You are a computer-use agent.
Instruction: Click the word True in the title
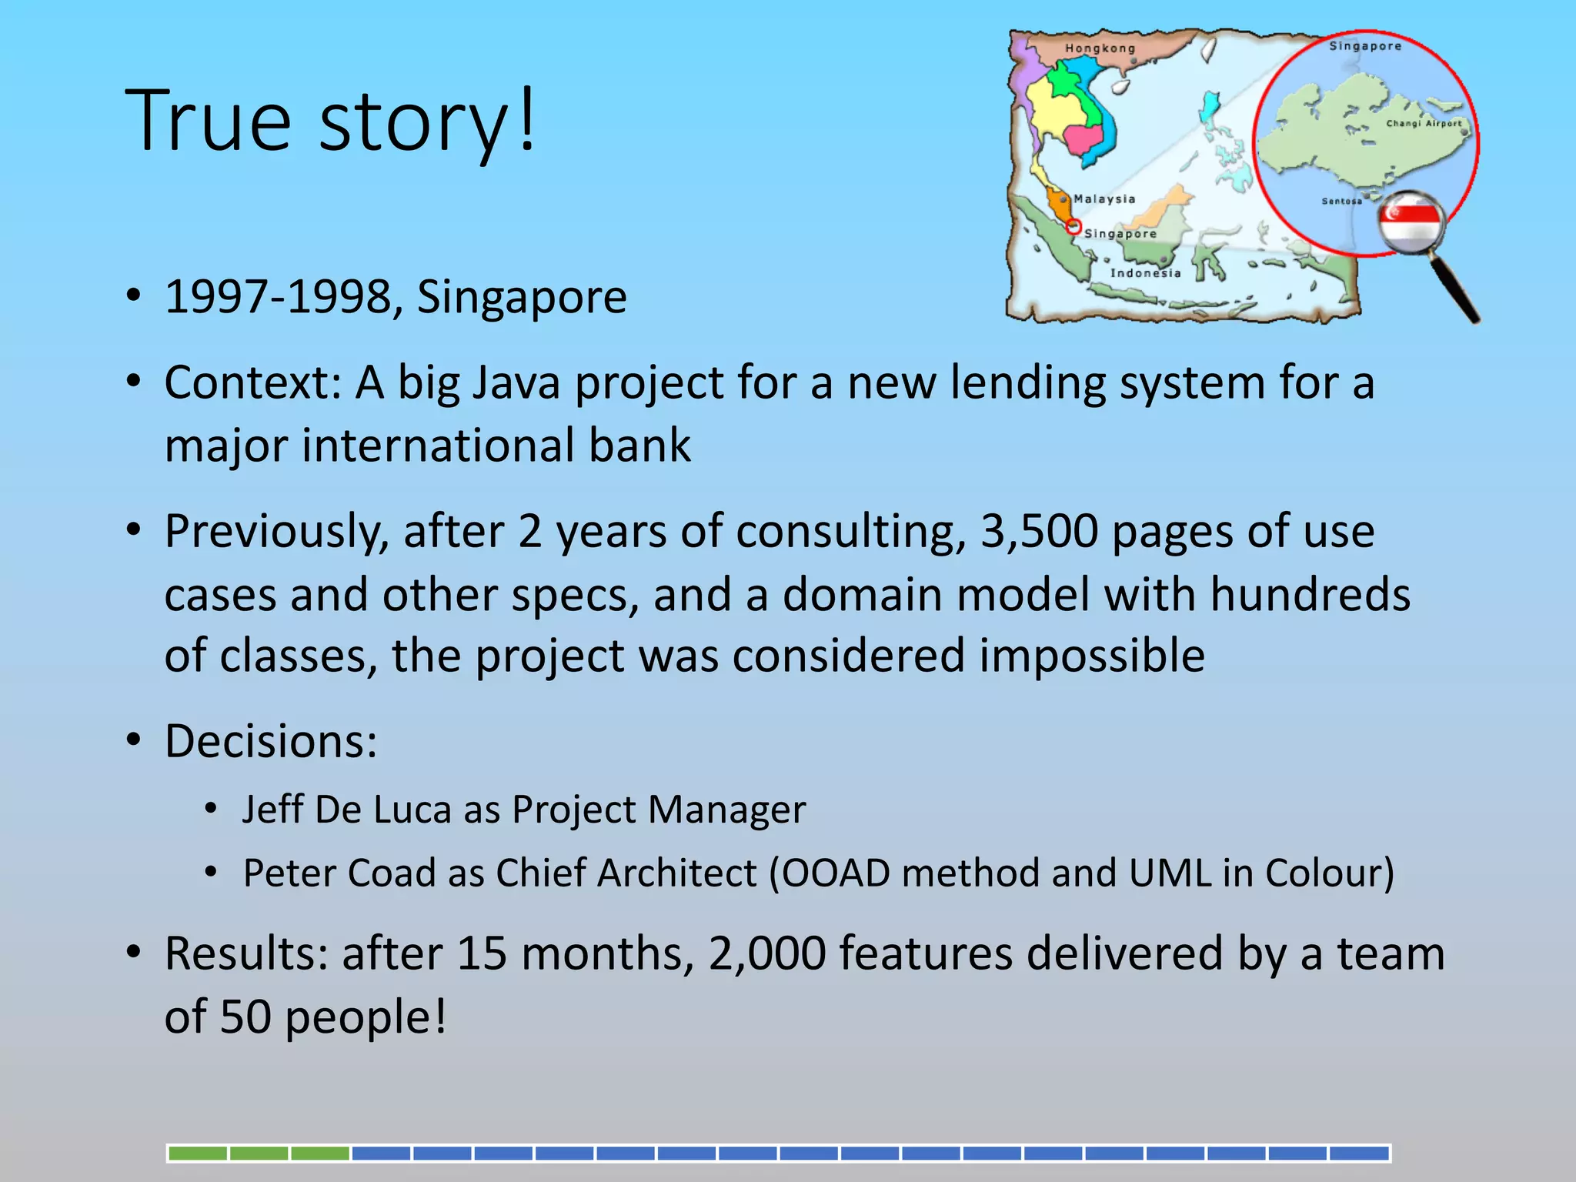(x=208, y=121)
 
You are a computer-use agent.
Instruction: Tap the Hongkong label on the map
(x=1100, y=48)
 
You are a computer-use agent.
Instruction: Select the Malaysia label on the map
(x=1104, y=199)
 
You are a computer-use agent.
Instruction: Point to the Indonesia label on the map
(x=1145, y=273)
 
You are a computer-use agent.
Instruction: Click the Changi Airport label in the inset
(x=1423, y=124)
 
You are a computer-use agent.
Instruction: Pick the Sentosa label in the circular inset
(x=1341, y=202)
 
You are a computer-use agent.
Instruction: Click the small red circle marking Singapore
(x=1073, y=227)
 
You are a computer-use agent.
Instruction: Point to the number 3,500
(x=1039, y=531)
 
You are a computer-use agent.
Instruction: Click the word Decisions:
(x=271, y=741)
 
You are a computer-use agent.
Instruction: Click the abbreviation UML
(x=1170, y=873)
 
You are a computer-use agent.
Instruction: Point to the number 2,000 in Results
(x=766, y=953)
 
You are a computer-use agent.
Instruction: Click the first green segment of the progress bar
(x=198, y=1154)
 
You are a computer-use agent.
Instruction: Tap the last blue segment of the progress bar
(x=1359, y=1154)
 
